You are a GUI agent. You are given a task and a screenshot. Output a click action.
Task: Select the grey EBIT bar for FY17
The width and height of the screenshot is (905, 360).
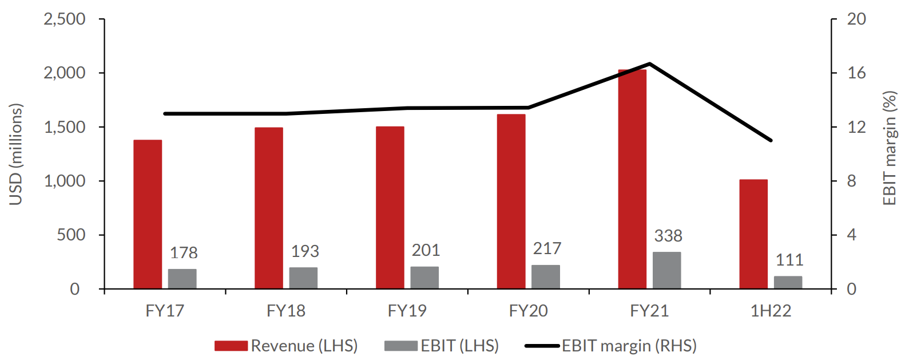tap(182, 279)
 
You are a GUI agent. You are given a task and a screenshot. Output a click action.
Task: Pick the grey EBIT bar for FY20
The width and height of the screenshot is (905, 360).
tap(546, 276)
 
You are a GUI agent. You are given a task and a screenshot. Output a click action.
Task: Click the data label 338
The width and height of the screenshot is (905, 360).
tap(668, 236)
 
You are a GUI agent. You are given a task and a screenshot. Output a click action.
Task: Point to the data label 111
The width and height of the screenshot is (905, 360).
tap(789, 260)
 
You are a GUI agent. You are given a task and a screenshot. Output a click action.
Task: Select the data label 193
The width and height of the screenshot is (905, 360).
tap(305, 251)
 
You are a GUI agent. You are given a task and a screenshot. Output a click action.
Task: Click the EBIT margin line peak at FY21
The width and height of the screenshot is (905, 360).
tap(650, 64)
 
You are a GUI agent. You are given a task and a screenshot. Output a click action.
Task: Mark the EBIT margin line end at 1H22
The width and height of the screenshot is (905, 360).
tap(771, 140)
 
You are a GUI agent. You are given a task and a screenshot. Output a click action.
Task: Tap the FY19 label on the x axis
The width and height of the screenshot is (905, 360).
tap(407, 311)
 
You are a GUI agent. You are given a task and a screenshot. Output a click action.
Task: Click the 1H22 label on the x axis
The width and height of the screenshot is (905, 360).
tap(771, 311)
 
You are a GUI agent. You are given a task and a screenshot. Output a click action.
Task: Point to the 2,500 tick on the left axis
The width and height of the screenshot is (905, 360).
tap(65, 19)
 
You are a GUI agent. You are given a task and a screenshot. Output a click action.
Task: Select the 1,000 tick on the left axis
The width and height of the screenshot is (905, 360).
tap(65, 181)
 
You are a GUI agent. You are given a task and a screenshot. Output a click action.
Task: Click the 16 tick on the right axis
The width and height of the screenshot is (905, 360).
tap(856, 73)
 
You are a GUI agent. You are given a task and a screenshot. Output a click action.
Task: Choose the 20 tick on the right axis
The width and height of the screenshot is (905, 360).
tap(856, 19)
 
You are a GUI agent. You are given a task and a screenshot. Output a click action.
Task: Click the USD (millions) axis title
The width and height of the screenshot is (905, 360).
tap(15, 154)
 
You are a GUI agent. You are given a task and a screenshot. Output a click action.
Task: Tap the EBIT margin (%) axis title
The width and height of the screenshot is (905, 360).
tap(889, 148)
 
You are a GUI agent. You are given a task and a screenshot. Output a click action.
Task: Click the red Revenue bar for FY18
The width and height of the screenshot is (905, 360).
tap(269, 208)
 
